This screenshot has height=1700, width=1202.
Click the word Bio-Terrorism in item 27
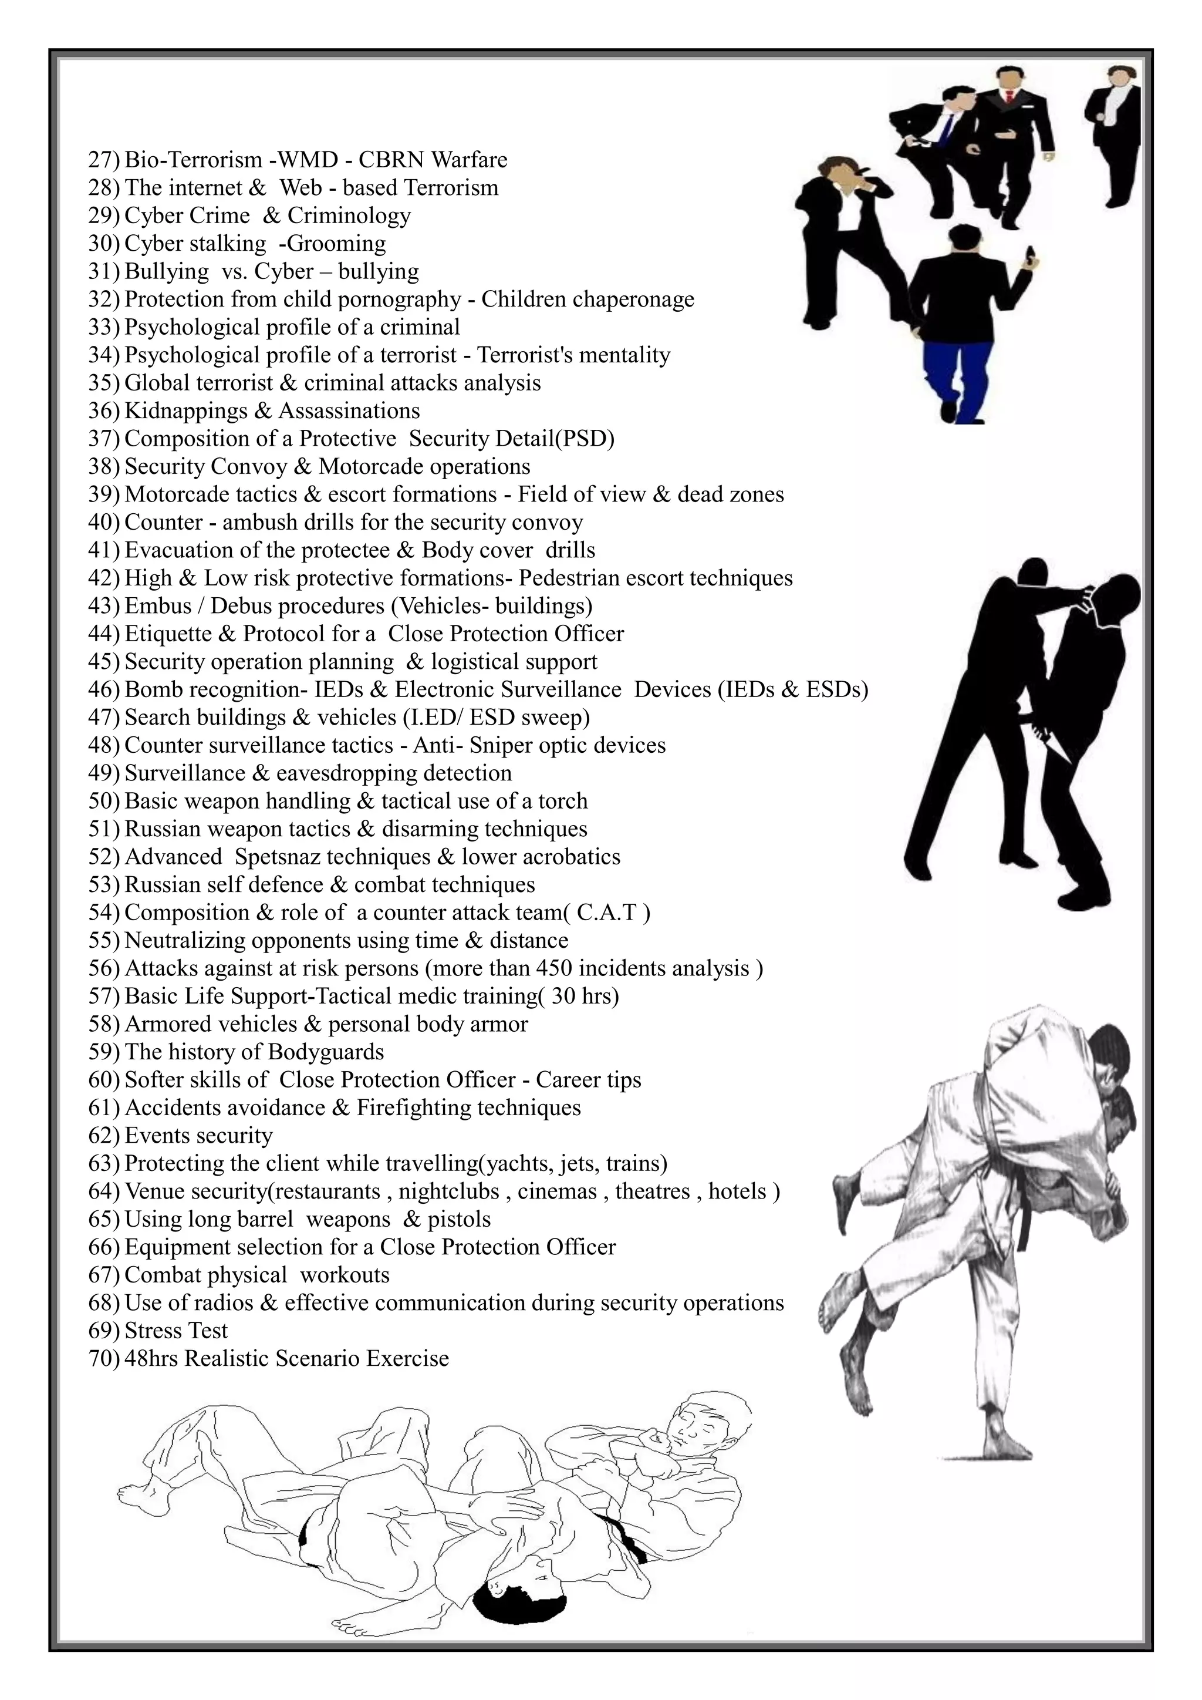(x=193, y=160)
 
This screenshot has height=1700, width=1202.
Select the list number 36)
(x=104, y=411)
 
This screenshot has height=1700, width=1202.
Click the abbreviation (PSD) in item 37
(x=586, y=439)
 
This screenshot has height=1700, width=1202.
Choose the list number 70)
(x=104, y=1359)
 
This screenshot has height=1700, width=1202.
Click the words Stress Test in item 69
(x=176, y=1331)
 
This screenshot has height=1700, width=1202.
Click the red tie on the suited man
(x=1007, y=97)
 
